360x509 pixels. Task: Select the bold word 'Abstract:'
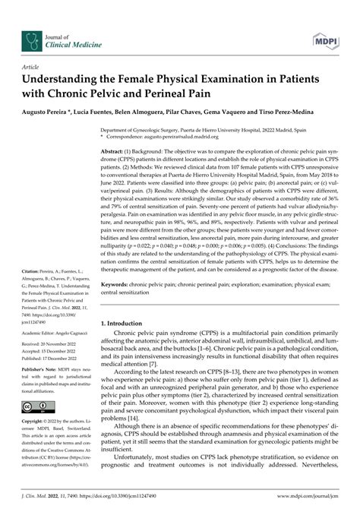click(115, 153)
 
